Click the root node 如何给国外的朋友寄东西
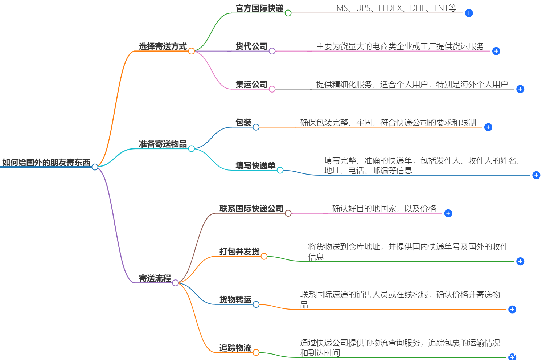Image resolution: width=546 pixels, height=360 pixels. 46,162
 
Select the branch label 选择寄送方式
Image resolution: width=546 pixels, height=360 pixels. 163,46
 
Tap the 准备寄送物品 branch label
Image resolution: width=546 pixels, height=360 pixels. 163,144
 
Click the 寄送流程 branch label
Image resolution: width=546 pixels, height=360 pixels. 155,278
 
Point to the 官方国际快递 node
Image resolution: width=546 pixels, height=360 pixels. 259,8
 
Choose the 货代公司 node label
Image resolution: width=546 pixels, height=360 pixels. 251,46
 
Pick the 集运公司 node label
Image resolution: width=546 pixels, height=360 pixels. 251,85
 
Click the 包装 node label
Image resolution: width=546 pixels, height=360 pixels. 243,123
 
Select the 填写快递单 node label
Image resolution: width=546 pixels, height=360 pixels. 255,166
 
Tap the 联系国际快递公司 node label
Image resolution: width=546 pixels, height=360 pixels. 251,209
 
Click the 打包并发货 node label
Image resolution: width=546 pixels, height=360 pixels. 239,252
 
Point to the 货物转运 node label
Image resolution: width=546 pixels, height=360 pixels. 235,300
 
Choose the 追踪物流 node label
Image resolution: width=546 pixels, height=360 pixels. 235,348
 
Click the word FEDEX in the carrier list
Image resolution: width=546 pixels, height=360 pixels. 390,8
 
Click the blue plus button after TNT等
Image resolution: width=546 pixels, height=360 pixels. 469,13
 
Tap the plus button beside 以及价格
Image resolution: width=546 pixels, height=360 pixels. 448,213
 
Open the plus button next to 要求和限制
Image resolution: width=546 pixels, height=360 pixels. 488,127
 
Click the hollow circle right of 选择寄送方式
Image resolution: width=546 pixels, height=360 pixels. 192,51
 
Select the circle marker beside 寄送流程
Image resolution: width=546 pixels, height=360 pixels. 176,283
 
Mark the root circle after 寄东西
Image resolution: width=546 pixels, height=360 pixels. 95,167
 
